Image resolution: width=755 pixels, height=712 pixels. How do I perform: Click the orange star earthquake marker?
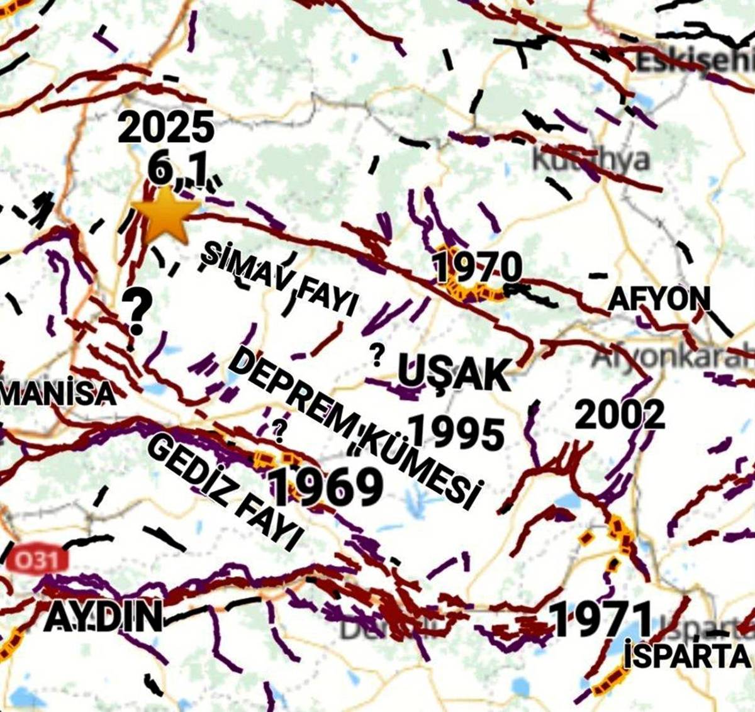click(165, 214)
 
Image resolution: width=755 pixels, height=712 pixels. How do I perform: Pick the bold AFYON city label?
click(658, 299)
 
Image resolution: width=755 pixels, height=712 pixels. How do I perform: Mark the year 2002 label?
click(620, 414)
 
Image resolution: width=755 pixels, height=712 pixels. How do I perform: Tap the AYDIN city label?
click(103, 617)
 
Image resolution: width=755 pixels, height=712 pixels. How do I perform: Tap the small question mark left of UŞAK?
click(377, 355)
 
